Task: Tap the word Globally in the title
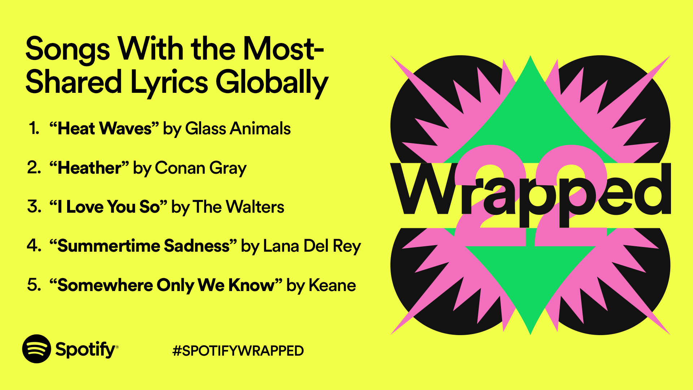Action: [x=271, y=82]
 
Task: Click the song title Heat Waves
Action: [x=104, y=129]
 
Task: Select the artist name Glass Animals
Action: [x=237, y=129]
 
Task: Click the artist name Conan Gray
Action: [x=200, y=168]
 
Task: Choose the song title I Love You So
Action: [x=108, y=207]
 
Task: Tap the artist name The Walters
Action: [x=238, y=207]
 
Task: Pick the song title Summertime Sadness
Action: [x=143, y=246]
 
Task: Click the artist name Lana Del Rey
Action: [x=312, y=246]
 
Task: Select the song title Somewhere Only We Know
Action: [x=166, y=285]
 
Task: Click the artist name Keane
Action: [x=332, y=285]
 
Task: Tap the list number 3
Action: [x=34, y=207]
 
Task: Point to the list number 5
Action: [x=34, y=285]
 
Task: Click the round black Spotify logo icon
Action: [x=36, y=349]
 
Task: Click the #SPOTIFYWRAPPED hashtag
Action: [x=238, y=351]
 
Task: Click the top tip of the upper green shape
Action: [x=530, y=58]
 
